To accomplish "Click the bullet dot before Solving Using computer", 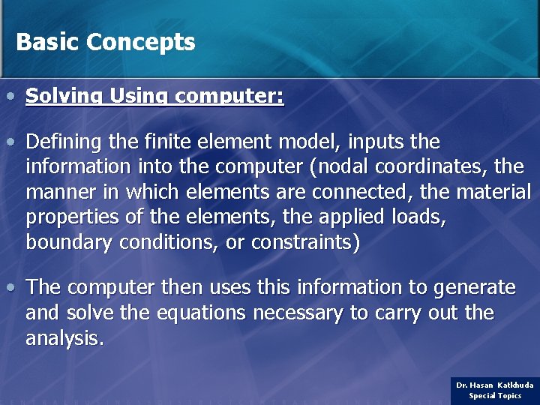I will pos(10,97).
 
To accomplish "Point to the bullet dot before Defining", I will pos(10,142).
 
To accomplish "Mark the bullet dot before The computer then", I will pos(10,287).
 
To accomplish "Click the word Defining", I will pos(61,142).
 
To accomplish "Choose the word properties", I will pos(67,217).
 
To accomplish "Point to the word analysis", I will pos(64,338).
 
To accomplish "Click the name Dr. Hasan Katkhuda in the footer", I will pos(495,385).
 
